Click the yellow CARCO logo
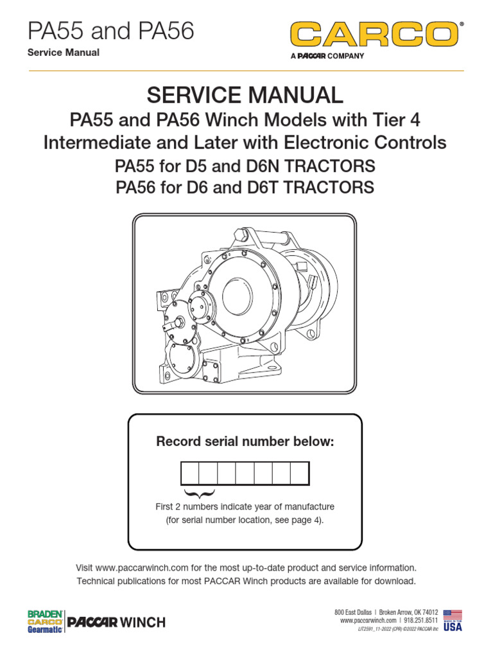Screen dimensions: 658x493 click(x=375, y=34)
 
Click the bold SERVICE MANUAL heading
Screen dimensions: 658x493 click(x=245, y=95)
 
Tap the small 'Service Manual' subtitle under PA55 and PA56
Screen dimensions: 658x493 click(x=64, y=52)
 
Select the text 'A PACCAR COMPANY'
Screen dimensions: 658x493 click(x=327, y=56)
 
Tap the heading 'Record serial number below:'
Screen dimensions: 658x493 click(x=245, y=441)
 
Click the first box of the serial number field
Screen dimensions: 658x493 click(x=190, y=474)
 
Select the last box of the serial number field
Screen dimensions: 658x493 click(x=300, y=474)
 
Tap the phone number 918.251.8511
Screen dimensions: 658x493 click(x=421, y=621)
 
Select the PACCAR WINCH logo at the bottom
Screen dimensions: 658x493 click(x=116, y=622)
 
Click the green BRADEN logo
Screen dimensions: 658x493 click(x=45, y=614)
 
